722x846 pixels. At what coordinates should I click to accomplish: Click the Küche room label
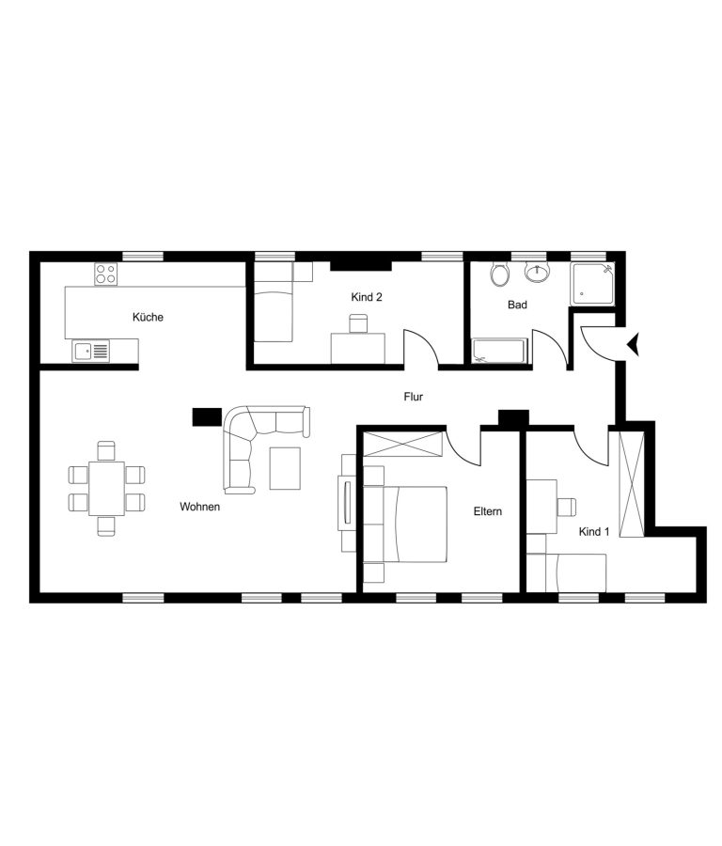tap(148, 318)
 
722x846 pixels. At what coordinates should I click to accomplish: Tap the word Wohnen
tap(199, 507)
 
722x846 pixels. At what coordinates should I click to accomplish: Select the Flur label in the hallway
tap(414, 397)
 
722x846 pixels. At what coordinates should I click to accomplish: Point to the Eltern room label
tap(488, 511)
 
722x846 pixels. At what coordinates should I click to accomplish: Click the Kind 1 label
tap(594, 532)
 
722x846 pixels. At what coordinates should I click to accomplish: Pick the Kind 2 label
tap(367, 297)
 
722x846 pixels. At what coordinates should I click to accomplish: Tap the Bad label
tap(517, 305)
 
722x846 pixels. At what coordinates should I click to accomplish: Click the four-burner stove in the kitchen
tap(106, 274)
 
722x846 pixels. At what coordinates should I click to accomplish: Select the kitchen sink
tap(91, 352)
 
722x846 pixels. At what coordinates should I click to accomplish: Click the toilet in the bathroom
tap(500, 274)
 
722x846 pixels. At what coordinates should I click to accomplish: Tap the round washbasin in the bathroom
tap(537, 273)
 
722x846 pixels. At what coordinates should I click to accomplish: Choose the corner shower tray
tap(593, 284)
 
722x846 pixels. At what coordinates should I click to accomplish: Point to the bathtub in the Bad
tap(499, 352)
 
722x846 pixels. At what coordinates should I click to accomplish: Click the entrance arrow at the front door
tap(633, 345)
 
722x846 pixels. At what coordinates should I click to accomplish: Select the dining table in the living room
tap(107, 489)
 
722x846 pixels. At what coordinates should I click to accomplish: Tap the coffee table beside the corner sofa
tap(285, 468)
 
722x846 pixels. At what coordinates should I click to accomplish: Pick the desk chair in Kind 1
tap(566, 507)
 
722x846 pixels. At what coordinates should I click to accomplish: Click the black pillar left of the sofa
tap(207, 416)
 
